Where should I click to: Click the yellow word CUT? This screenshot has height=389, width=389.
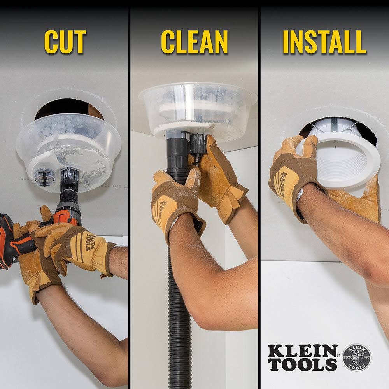pyautogui.click(x=65, y=42)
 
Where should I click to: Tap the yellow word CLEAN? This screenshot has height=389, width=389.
pyautogui.click(x=194, y=42)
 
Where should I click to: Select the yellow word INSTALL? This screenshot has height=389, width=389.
pyautogui.click(x=324, y=42)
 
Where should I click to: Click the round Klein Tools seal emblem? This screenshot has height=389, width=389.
pyautogui.click(x=357, y=357)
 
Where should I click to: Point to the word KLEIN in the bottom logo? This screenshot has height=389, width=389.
pyautogui.click(x=303, y=351)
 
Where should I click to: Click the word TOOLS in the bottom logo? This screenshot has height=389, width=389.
pyautogui.click(x=303, y=364)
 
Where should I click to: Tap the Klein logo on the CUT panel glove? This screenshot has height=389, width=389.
pyautogui.click(x=89, y=242)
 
